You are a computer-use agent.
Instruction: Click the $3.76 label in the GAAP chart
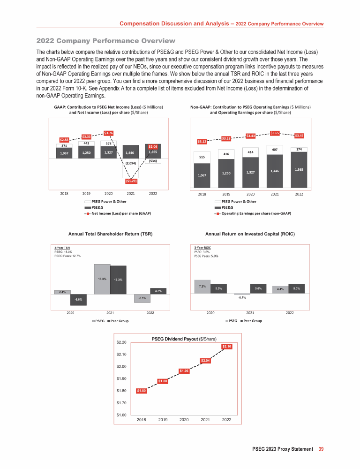click(108, 133)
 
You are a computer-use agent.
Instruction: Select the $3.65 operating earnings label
click(276, 133)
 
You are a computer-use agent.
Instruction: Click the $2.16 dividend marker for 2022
click(227, 346)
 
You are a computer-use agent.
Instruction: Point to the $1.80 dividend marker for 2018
click(142, 391)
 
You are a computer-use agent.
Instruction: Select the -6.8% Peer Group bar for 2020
click(78, 300)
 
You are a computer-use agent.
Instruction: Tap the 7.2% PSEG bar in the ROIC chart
click(202, 287)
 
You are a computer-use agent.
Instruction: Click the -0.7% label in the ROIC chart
click(242, 297)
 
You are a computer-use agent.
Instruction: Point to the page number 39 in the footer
click(321, 449)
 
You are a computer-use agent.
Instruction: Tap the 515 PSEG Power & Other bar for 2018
click(202, 157)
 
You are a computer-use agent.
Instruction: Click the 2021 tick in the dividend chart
click(205, 419)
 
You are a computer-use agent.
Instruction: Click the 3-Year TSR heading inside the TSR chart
click(62, 247)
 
